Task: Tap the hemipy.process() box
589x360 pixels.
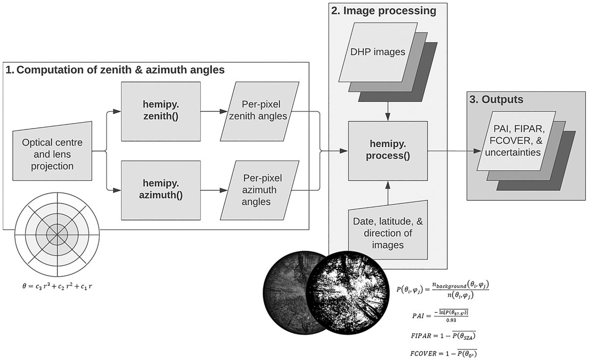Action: click(x=388, y=151)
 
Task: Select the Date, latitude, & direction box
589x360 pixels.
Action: click(x=388, y=233)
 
